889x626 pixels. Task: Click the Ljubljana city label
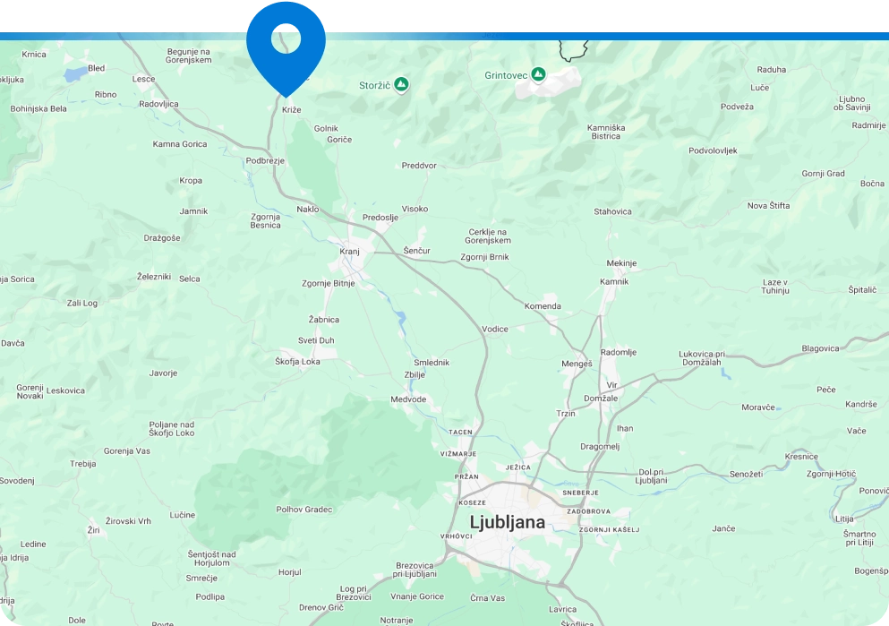click(x=507, y=521)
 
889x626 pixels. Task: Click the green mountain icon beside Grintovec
click(x=538, y=74)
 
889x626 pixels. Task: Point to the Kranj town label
click(x=349, y=252)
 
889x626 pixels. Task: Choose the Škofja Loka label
click(x=297, y=361)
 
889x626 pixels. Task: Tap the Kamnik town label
click(x=614, y=281)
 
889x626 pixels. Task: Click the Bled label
click(x=97, y=68)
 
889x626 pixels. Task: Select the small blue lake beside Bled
click(x=73, y=73)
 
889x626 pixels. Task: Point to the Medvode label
click(x=408, y=399)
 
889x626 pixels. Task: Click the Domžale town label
click(x=600, y=398)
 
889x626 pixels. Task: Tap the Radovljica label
click(x=158, y=104)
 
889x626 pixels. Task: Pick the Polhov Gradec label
click(x=304, y=510)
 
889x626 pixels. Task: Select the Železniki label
click(x=153, y=277)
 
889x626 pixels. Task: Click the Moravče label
click(x=757, y=407)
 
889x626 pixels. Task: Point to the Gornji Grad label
click(x=823, y=174)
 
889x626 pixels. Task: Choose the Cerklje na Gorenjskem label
click(x=489, y=236)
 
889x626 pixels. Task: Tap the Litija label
click(x=844, y=519)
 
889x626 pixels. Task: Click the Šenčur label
click(x=417, y=250)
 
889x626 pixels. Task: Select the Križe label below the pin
click(x=292, y=109)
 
